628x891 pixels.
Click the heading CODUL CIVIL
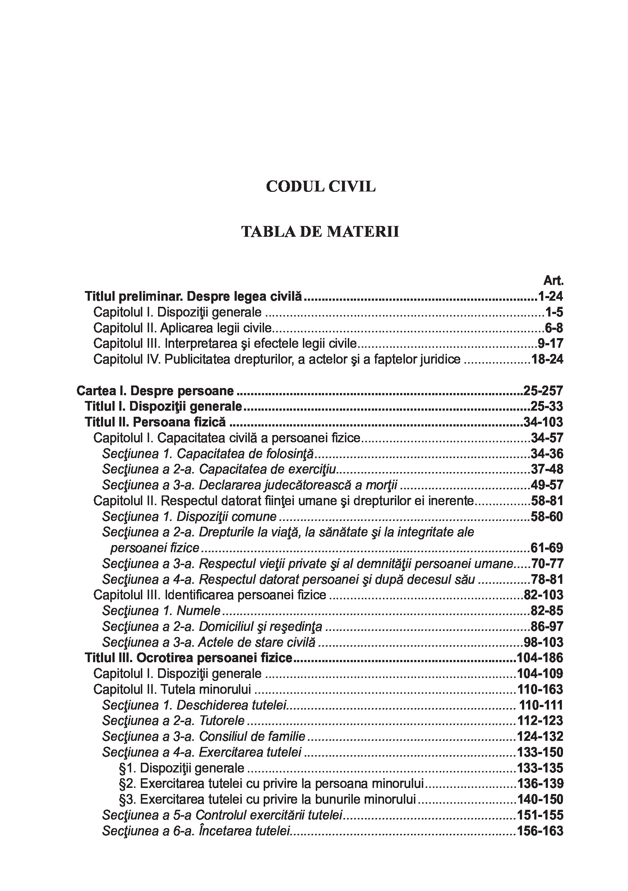(320, 187)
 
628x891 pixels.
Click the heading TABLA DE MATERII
(320, 232)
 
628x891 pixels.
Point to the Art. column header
(553, 281)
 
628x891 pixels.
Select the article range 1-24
(550, 296)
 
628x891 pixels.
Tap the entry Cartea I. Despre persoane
(155, 391)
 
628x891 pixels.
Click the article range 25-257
(543, 391)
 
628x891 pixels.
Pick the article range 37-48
(547, 470)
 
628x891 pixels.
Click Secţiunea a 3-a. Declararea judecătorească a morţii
(250, 485)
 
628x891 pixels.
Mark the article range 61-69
(547, 548)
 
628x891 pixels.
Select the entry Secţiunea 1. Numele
(161, 611)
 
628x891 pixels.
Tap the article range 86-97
(547, 627)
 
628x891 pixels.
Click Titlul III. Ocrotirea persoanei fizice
(189, 658)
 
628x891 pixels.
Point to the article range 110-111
(541, 706)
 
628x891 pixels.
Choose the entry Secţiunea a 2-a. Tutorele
(174, 721)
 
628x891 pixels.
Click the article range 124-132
(540, 737)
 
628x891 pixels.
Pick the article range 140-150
(540, 800)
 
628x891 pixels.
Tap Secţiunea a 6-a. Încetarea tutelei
(197, 831)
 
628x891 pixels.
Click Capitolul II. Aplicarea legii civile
(183, 328)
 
